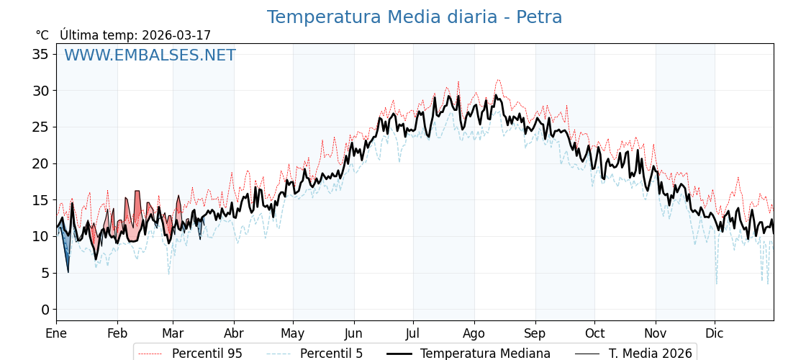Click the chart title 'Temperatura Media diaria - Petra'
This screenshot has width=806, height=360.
414,17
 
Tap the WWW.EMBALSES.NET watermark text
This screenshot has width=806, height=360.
150,55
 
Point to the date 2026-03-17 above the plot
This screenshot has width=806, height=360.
176,35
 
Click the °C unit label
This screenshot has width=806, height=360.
42,35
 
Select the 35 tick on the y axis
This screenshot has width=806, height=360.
41,54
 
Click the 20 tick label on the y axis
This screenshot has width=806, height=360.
41,163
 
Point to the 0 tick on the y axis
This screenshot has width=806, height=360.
45,310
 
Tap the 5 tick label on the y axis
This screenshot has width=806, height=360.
45,273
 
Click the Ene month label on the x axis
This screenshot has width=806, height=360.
56,333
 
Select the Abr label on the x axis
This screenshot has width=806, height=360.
234,333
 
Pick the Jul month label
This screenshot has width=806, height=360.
413,333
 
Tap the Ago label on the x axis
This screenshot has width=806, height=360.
474,333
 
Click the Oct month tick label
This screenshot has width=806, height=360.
594,333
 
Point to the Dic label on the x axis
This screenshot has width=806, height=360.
715,333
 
